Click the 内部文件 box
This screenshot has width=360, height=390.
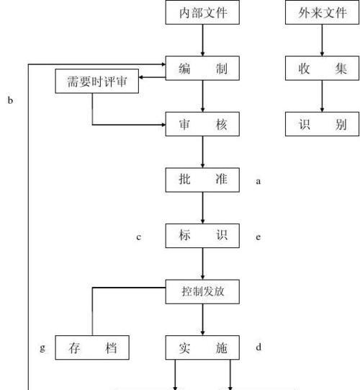click(202, 12)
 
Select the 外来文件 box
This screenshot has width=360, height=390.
click(322, 12)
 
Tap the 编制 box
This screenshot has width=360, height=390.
click(202, 68)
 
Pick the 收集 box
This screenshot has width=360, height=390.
click(322, 68)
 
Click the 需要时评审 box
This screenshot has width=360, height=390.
click(97, 81)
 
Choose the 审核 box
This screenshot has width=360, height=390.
click(202, 124)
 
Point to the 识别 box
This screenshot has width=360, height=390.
click(322, 124)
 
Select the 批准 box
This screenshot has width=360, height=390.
click(202, 180)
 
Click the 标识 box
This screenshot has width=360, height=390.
click(202, 236)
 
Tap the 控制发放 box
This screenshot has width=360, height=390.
click(202, 292)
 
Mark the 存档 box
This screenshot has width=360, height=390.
click(92, 347)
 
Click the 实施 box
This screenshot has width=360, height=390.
click(202, 347)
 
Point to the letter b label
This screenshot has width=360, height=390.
click(10, 100)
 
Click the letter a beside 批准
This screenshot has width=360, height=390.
click(258, 181)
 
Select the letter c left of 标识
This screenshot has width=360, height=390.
click(139, 237)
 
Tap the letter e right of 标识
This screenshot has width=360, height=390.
click(258, 237)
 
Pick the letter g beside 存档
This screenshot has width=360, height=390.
click(42, 347)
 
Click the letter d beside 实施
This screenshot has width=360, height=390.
click(258, 347)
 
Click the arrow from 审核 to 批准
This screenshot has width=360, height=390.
click(202, 152)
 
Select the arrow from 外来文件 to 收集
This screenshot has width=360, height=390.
click(322, 40)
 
